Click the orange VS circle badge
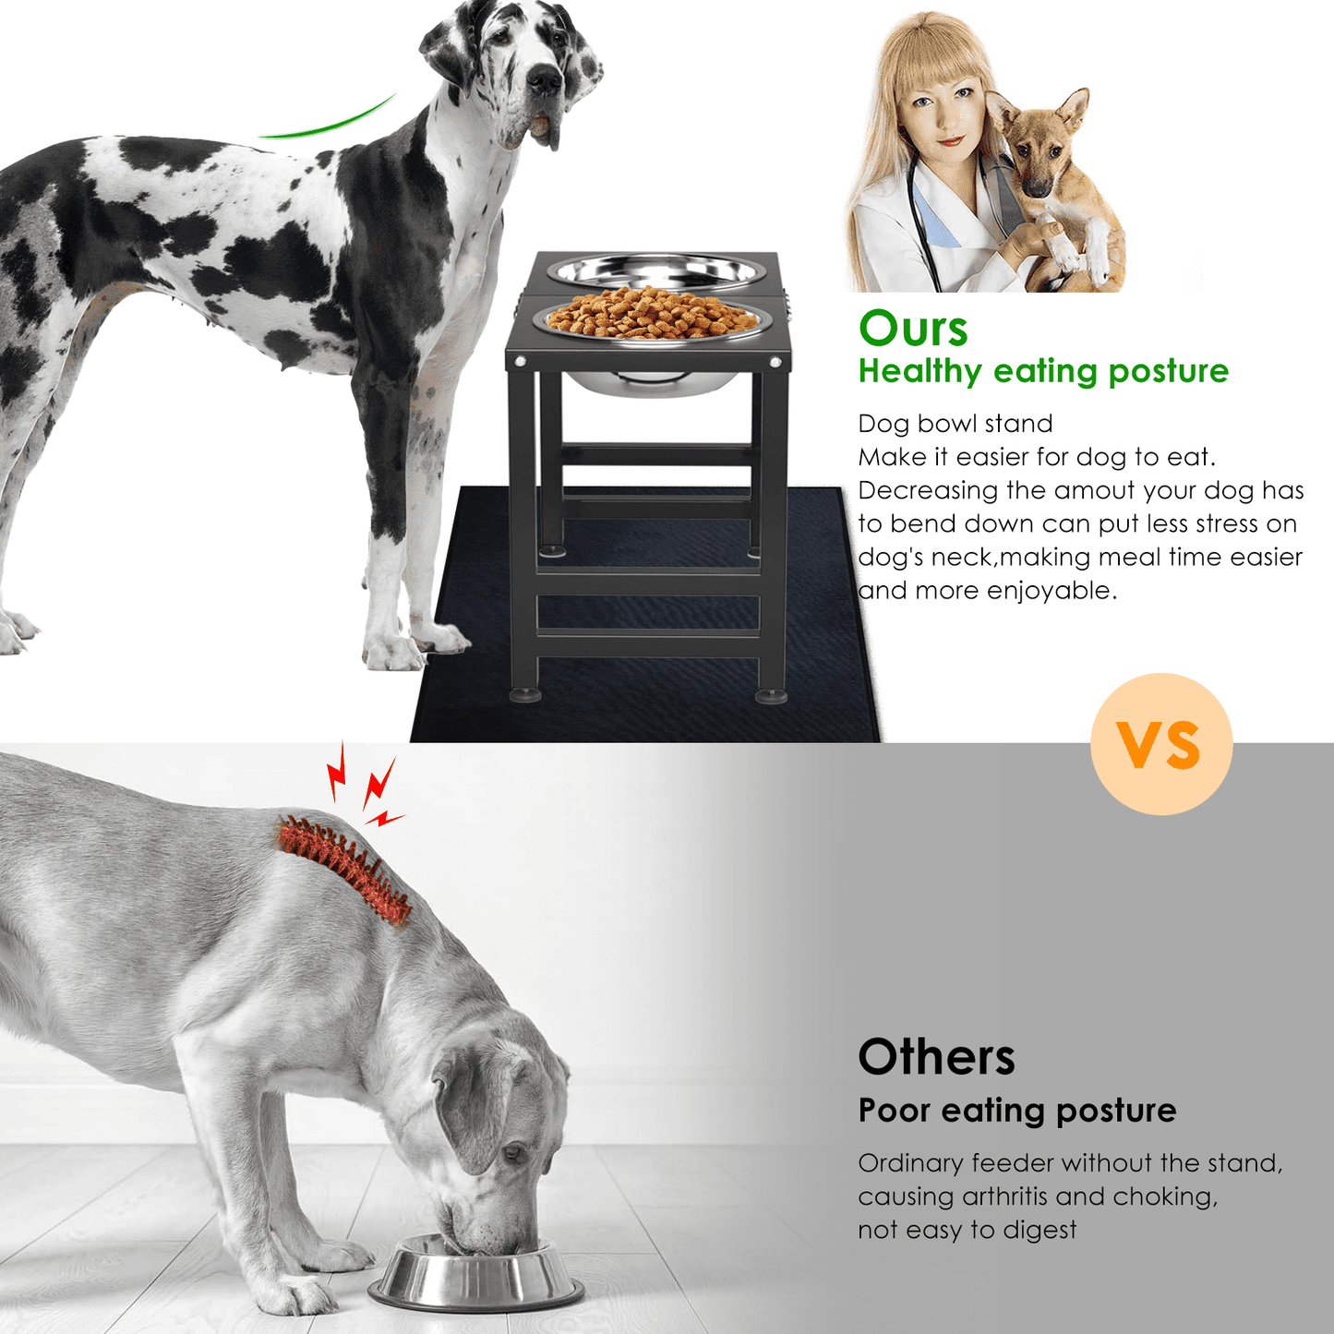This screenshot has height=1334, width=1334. coord(1161,743)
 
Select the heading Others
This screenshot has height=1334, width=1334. coord(936,1057)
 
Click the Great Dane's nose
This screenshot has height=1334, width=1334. coord(544,79)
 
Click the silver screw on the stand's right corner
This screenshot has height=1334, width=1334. coord(775,362)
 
